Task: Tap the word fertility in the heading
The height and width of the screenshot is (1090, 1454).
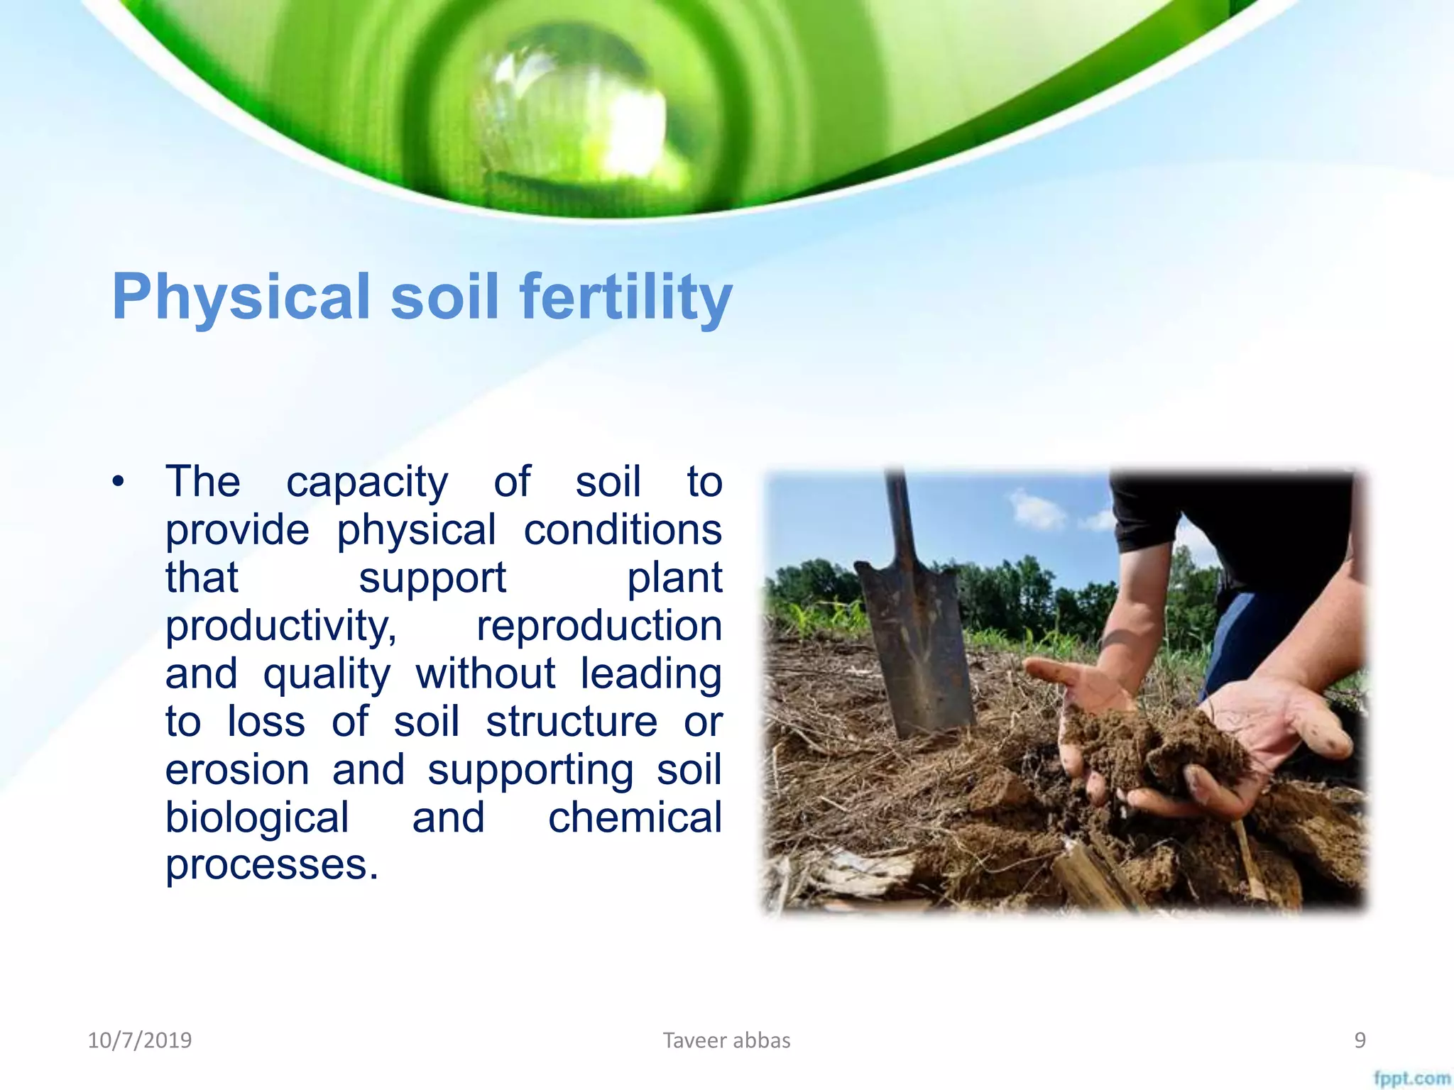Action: point(625,297)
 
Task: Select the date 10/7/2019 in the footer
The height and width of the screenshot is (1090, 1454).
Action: point(140,1040)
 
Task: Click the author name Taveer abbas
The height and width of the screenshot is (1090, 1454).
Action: point(726,1040)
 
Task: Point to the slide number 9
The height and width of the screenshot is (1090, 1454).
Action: point(1360,1040)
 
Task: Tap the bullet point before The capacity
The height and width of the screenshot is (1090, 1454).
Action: point(118,483)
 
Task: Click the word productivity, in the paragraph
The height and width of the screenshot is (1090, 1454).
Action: point(281,626)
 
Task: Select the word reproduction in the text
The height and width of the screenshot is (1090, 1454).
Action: point(598,626)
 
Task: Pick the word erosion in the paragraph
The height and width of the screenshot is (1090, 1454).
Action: point(237,770)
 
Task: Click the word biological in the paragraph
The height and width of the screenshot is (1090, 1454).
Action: point(257,817)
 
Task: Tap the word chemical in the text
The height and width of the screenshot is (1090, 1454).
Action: point(635,817)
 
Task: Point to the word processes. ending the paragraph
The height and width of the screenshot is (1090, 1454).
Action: point(272,865)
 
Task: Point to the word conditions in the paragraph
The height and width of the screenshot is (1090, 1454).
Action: point(622,530)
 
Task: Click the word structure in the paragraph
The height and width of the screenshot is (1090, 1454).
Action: point(572,722)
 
